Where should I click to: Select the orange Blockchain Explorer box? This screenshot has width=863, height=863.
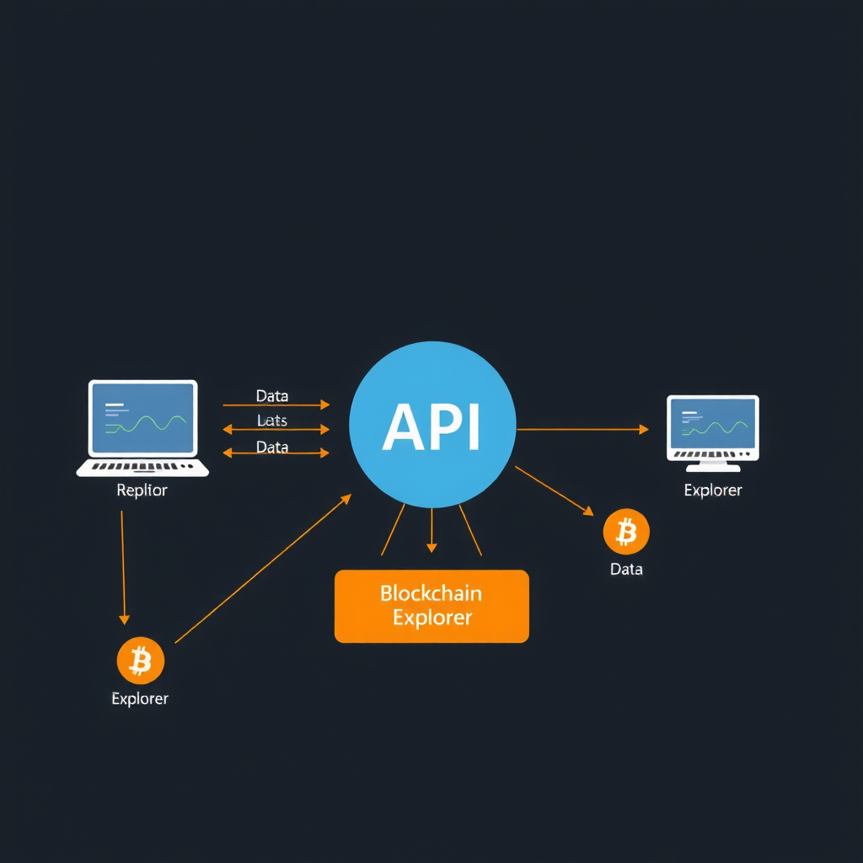pos(431,606)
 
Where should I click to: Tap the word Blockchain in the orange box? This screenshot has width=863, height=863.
pos(431,592)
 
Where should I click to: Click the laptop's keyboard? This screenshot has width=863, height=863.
pos(142,466)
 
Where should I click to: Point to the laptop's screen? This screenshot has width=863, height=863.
pos(142,417)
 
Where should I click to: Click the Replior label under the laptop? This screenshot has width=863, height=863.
pos(142,490)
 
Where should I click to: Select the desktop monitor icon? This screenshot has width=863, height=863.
pos(713,427)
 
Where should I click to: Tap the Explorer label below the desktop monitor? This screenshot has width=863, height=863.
pos(713,490)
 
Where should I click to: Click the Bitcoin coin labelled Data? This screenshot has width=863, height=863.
pos(626,532)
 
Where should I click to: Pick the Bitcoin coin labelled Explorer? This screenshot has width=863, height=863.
pos(140,661)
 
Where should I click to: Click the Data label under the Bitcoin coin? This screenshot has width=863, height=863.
pos(626,569)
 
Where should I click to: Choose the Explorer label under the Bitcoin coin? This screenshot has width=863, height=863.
pos(140,699)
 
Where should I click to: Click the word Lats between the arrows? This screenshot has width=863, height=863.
pos(271,420)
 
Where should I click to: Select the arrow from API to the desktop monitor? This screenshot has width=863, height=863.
pos(582,430)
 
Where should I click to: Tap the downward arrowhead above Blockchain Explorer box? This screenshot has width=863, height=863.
pos(431,547)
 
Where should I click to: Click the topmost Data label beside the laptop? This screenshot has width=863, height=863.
pos(271,395)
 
